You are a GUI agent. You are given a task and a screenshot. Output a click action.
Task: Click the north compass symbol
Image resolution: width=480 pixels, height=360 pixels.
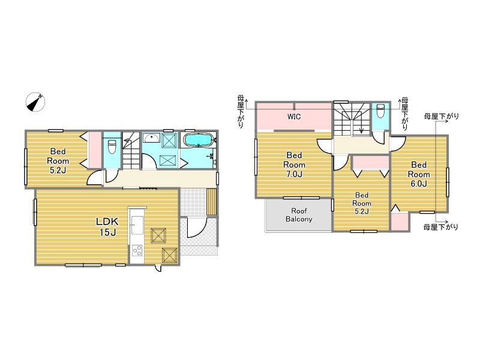(x=35, y=102)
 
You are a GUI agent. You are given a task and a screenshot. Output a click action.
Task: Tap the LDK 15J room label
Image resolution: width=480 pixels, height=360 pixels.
(x=107, y=227)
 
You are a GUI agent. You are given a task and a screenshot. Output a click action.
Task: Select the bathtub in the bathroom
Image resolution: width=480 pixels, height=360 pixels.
(x=199, y=140)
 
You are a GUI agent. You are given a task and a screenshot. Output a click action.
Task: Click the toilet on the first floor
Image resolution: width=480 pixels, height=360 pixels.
(x=112, y=147)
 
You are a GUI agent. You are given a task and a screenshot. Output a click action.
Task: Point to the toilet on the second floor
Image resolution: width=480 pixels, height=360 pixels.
(x=380, y=111)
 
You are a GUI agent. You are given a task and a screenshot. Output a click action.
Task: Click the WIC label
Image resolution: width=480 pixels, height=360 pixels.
(x=294, y=116)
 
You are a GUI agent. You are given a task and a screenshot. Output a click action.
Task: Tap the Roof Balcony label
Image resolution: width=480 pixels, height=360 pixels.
(x=299, y=215)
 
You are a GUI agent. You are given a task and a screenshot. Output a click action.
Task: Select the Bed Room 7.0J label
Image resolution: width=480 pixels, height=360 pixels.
(x=294, y=164)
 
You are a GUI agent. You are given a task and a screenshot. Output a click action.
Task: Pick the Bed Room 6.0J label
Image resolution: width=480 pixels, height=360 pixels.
(x=419, y=174)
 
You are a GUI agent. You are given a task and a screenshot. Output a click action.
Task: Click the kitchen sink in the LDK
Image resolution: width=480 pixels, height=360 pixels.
(x=137, y=225)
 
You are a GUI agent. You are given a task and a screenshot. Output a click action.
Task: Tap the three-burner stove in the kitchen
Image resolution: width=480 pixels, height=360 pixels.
(x=137, y=250)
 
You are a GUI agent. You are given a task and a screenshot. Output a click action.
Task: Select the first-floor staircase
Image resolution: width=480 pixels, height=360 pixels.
(x=131, y=151)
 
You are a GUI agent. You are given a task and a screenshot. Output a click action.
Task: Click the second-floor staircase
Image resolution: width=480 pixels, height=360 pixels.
(x=352, y=119)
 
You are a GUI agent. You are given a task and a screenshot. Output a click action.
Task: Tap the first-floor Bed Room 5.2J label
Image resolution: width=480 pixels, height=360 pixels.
(x=58, y=161)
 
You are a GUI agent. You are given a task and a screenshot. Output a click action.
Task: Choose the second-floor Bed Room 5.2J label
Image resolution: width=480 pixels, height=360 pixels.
(x=362, y=203)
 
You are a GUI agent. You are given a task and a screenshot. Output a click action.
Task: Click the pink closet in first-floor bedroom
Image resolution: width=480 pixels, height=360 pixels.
(x=95, y=149)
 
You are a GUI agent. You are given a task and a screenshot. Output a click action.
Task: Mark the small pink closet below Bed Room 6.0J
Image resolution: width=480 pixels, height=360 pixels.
(x=400, y=221)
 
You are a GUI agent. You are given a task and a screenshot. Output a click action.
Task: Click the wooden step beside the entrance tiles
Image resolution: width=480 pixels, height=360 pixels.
(x=211, y=202)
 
